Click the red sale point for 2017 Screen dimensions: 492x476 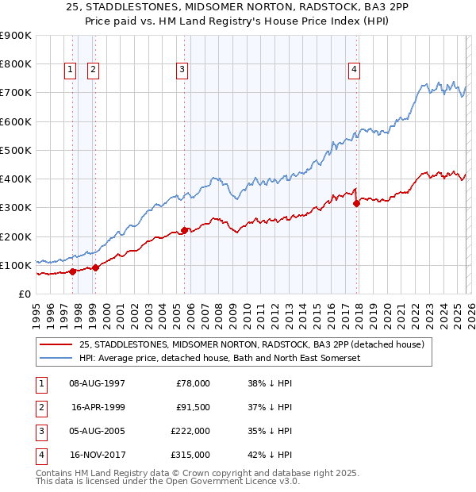pos(356,203)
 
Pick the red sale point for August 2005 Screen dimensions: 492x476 pos(184,230)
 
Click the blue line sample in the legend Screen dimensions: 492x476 pos(57,358)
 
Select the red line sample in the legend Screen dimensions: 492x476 pos(57,344)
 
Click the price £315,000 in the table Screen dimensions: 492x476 pos(190,455)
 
